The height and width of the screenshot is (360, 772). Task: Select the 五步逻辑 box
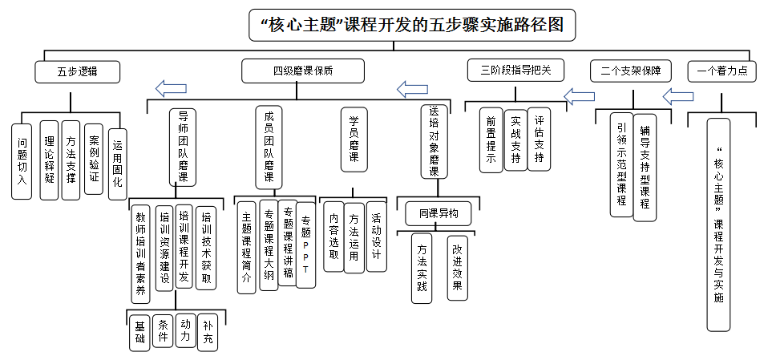pos(77,71)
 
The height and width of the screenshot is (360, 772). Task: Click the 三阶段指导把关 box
pos(516,71)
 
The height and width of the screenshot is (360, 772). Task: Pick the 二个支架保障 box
pos(630,71)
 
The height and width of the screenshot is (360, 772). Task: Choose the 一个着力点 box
pos(721,71)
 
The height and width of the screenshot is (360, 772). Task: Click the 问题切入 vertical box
pos(22,160)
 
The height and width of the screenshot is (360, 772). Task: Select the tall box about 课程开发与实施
pos(718,224)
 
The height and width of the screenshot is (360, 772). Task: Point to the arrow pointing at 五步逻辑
pos(171,87)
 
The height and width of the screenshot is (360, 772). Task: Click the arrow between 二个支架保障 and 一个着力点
pos(678,96)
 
